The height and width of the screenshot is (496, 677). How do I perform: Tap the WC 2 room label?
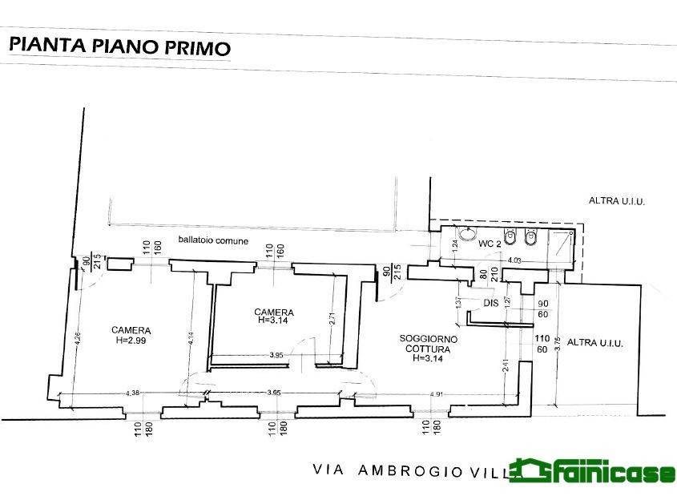pyautogui.click(x=490, y=243)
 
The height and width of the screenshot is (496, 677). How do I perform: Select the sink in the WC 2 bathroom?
pyautogui.click(x=466, y=238)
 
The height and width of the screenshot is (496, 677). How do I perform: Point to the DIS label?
pyautogui.click(x=491, y=303)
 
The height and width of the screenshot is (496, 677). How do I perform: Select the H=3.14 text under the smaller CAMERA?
pyautogui.click(x=273, y=321)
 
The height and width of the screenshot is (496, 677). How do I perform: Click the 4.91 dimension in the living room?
pyautogui.click(x=437, y=393)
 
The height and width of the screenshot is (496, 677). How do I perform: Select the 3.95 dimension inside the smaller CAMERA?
pyautogui.click(x=276, y=355)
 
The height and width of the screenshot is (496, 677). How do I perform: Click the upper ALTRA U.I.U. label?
pyautogui.click(x=617, y=202)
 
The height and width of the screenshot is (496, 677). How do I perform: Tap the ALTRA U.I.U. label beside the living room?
pyautogui.click(x=594, y=343)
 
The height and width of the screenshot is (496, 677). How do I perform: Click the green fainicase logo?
pyautogui.click(x=593, y=474)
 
